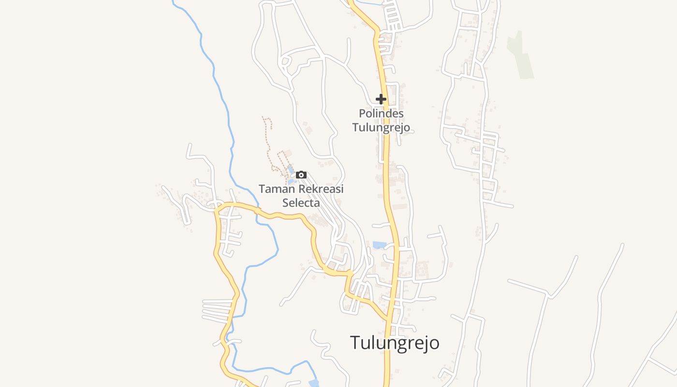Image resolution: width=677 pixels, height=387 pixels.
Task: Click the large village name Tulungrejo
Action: point(395,342)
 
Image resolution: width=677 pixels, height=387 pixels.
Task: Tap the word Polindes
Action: point(381,114)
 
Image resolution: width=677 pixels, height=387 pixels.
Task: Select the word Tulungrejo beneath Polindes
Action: point(381,128)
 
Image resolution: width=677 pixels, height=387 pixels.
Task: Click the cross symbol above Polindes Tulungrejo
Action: point(381,99)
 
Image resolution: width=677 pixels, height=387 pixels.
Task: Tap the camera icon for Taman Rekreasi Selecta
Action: point(301,175)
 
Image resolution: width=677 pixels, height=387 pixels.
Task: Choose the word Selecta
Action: point(301,203)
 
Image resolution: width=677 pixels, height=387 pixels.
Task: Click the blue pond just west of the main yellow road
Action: point(380,245)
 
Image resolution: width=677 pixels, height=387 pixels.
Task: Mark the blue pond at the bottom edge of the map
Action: point(314,384)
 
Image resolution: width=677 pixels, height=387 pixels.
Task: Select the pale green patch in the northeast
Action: point(520,56)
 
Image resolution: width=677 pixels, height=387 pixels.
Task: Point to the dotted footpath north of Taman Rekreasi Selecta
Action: point(267,140)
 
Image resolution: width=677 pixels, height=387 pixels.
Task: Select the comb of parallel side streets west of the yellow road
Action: point(217,310)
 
